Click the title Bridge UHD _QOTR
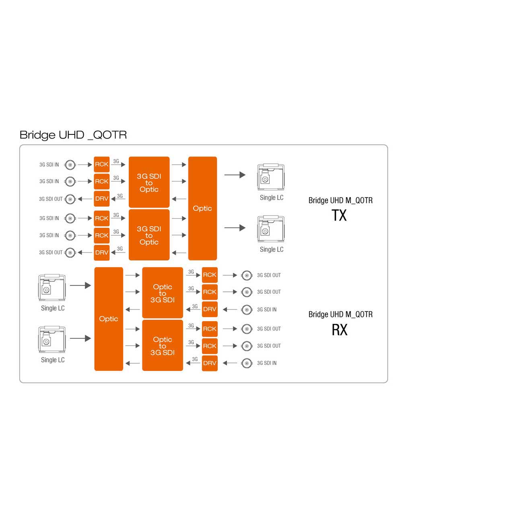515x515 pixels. point(73,135)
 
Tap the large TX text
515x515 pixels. point(339,216)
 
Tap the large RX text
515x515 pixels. point(339,330)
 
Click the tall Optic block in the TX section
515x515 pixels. point(202,208)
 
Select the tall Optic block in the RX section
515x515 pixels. point(109,319)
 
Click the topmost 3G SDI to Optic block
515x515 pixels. point(149,182)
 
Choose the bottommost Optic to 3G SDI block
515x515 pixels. point(163,346)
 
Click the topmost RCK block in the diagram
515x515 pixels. point(102,164)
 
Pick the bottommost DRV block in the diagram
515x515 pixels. point(210,363)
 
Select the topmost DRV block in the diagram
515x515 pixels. point(102,198)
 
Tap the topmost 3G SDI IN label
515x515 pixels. point(49,165)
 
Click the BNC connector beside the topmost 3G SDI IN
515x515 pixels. point(70,165)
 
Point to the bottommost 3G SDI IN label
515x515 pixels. point(267,363)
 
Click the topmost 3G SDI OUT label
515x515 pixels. point(51,199)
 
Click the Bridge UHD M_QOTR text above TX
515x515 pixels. point(340,200)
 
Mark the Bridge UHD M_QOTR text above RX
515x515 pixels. point(340,314)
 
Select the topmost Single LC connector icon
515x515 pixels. point(271,177)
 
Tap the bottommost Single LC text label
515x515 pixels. point(53,360)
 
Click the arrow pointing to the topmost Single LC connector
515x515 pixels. point(235,175)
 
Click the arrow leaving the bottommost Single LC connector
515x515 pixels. point(80,338)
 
